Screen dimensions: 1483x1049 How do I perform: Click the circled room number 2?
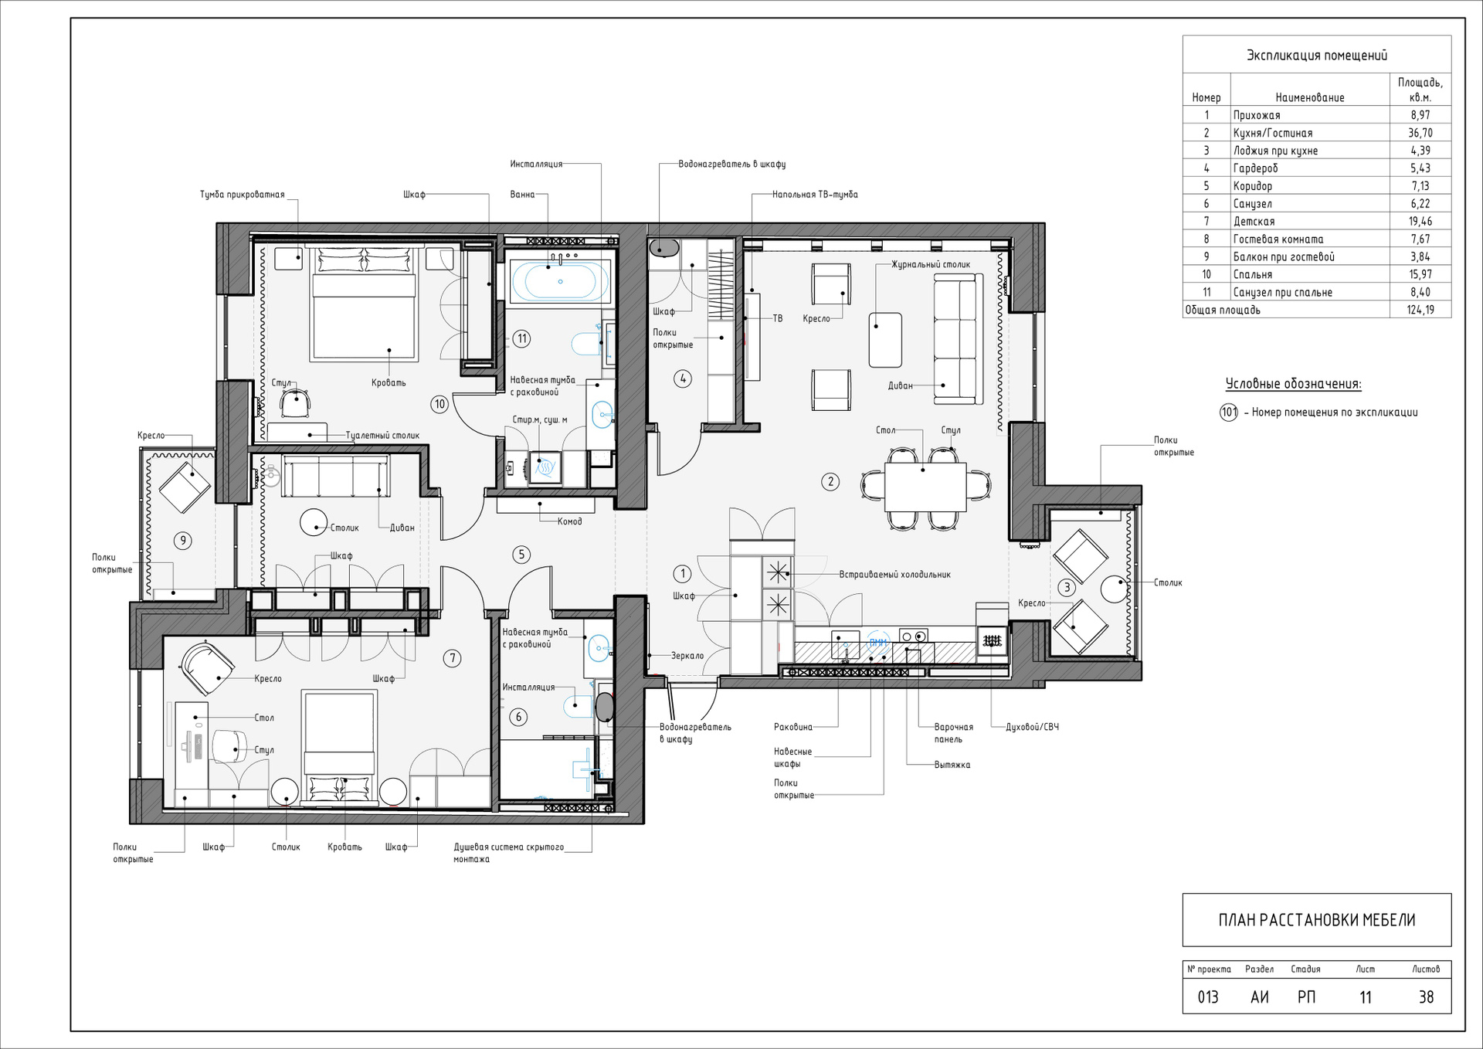click(x=830, y=482)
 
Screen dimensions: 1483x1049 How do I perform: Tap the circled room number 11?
click(x=522, y=338)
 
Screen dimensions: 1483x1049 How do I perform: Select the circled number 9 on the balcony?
click(x=183, y=541)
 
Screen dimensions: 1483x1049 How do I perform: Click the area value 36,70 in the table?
click(x=1420, y=133)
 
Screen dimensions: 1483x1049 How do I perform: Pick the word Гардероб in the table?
click(x=1255, y=168)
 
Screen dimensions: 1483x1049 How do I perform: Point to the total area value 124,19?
click(x=1420, y=310)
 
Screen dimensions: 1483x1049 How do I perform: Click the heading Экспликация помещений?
click(x=1317, y=55)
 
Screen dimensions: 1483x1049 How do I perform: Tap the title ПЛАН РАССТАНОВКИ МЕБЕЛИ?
click(x=1317, y=920)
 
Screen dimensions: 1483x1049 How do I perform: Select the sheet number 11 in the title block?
click(x=1366, y=997)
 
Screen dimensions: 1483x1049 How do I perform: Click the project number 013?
click(x=1208, y=997)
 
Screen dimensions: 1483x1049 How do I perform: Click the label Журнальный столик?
click(x=931, y=264)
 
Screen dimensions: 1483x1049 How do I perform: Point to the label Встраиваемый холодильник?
click(x=895, y=575)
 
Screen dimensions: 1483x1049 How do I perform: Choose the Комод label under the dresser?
click(x=570, y=521)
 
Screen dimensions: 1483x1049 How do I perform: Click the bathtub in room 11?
click(x=560, y=281)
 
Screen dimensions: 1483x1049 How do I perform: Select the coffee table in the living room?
click(x=885, y=340)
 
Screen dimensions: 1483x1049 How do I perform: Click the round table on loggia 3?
click(x=1115, y=589)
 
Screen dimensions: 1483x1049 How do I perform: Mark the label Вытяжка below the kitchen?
click(x=952, y=765)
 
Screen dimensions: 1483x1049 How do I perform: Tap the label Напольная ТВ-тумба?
click(x=815, y=195)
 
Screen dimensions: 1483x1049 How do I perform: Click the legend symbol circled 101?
click(x=1229, y=412)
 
